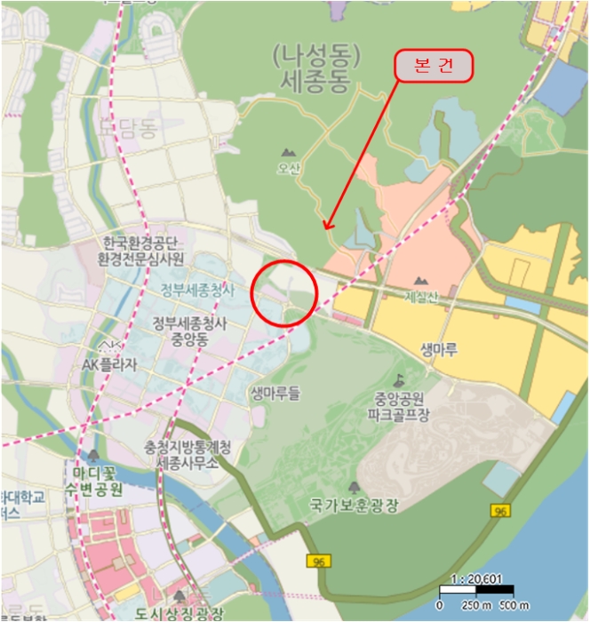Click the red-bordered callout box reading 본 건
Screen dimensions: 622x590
pyautogui.click(x=433, y=67)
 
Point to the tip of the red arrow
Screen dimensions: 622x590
pyautogui.click(x=324, y=230)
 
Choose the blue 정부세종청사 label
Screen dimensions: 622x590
pyautogui.click(x=197, y=291)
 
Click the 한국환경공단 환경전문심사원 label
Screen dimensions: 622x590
pyautogui.click(x=142, y=251)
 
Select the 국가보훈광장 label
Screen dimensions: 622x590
pyautogui.click(x=354, y=506)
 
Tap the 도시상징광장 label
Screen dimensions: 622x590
pyautogui.click(x=181, y=613)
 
